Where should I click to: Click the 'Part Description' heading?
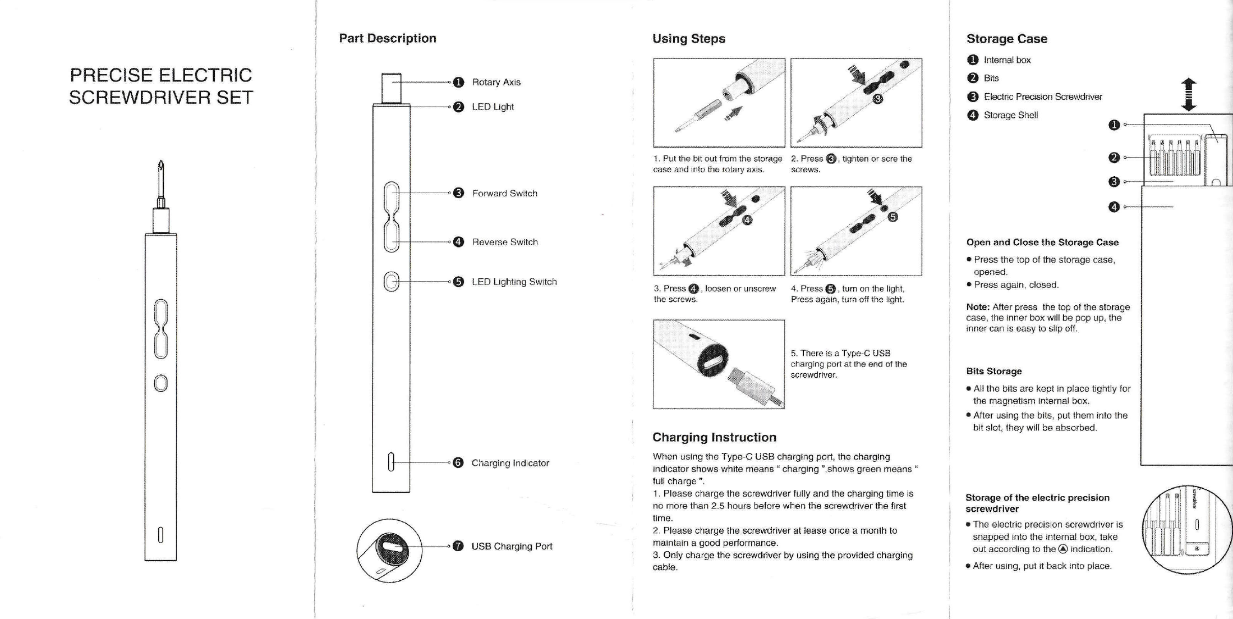pos(387,38)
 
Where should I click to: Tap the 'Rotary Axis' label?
pos(496,82)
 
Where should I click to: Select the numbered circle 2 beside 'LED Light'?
pos(458,107)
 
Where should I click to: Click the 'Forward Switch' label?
pos(504,193)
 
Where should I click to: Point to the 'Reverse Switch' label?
pos(504,242)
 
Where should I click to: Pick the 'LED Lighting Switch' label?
pos(514,282)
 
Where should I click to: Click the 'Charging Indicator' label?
pos(510,463)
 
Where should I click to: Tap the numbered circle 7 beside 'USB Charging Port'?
pos(458,546)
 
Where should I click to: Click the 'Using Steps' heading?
pos(688,39)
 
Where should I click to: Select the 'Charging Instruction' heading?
pos(714,437)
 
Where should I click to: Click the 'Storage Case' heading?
pos(1006,39)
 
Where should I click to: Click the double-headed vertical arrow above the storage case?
pos(1188,94)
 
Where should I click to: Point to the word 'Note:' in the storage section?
pos(978,307)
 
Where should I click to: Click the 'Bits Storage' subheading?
pos(993,371)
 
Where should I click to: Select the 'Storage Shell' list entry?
pos(1010,115)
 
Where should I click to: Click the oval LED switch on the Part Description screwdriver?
pos(392,282)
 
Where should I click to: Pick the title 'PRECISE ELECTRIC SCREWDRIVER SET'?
pos(161,86)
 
